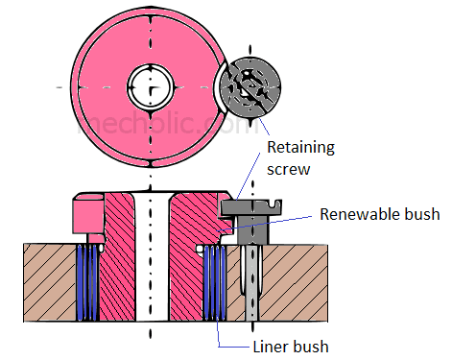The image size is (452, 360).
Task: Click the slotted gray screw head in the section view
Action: [253, 204]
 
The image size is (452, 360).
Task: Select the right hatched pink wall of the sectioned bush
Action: [183, 259]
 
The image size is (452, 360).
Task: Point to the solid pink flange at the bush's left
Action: [86, 213]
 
